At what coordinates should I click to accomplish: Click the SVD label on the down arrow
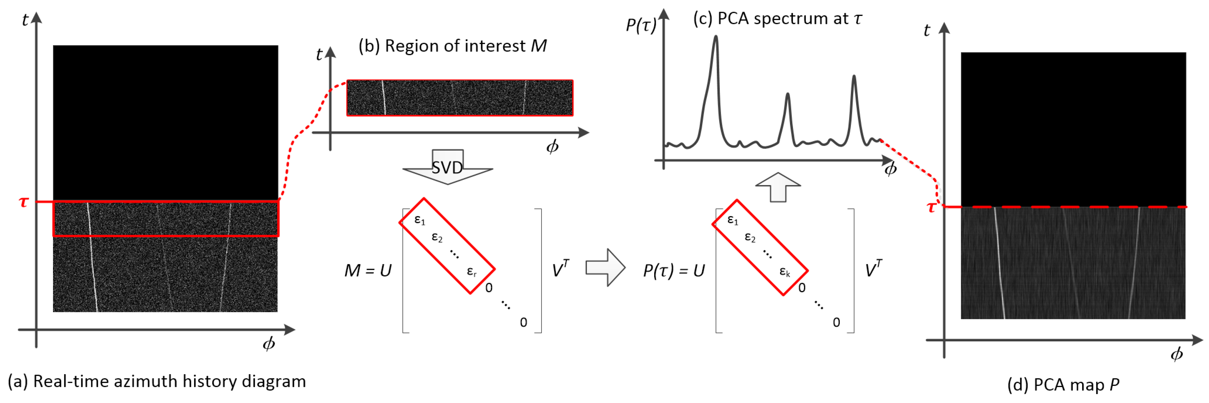[447, 168]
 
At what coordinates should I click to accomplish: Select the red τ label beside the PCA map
[932, 207]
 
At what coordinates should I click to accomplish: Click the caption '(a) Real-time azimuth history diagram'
[157, 381]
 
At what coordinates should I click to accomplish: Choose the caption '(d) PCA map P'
[1063, 385]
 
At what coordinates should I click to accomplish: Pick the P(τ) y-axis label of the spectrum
[641, 25]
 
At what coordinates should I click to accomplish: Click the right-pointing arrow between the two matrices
[605, 268]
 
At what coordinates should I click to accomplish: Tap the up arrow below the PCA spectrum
[778, 187]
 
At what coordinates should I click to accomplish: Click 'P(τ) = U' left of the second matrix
[673, 271]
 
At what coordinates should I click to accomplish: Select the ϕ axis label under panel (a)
[268, 344]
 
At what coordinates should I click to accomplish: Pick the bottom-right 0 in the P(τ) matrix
[836, 322]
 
